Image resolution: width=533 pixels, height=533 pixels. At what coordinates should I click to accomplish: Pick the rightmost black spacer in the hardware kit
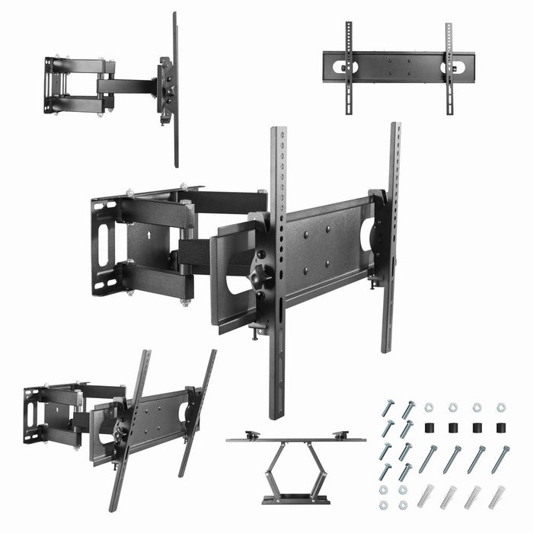(x=500, y=428)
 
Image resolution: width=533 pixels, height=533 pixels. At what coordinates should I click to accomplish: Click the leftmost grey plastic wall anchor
(x=428, y=496)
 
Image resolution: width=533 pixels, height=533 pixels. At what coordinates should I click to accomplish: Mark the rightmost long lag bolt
(x=500, y=459)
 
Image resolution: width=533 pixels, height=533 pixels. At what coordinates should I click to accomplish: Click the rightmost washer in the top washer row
(x=501, y=408)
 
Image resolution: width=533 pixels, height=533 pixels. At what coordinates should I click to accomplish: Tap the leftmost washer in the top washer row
(x=429, y=408)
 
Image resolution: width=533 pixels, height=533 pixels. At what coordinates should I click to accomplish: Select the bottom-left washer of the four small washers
(x=384, y=504)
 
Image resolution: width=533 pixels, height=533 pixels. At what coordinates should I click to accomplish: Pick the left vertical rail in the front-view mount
(x=349, y=67)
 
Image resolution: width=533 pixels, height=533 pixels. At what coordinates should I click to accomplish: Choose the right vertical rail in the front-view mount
(x=448, y=67)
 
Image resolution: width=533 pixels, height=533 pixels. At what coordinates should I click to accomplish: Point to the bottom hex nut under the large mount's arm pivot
(x=185, y=302)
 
